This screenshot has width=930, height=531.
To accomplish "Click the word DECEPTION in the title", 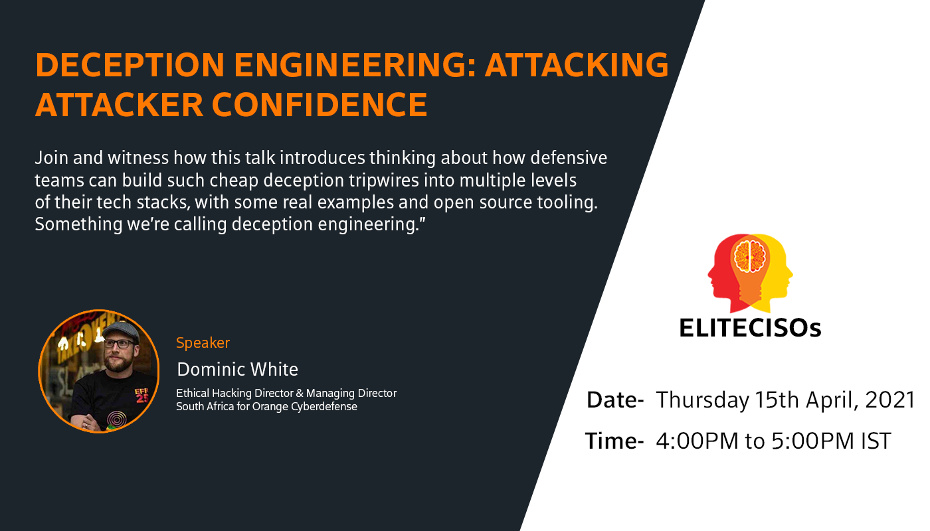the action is coord(130,65).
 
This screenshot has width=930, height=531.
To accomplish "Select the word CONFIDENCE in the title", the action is coord(320,105).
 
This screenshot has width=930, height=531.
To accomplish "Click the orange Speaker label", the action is coord(203,343).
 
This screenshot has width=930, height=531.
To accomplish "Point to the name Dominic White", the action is coord(238,369).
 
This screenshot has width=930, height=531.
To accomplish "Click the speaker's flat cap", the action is coord(120,331).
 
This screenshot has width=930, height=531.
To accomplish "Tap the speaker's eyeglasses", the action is coord(120,344).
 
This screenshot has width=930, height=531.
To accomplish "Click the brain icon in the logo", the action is coord(749,256).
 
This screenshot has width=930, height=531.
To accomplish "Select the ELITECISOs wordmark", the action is coord(750,328).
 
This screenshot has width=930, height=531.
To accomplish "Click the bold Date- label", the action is coord(615,400).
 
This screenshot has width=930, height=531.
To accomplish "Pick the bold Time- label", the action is coord(614,441).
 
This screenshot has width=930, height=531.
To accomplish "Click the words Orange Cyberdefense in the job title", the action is coord(305,406).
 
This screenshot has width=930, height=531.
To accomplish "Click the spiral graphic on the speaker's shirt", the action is coord(117,419).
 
